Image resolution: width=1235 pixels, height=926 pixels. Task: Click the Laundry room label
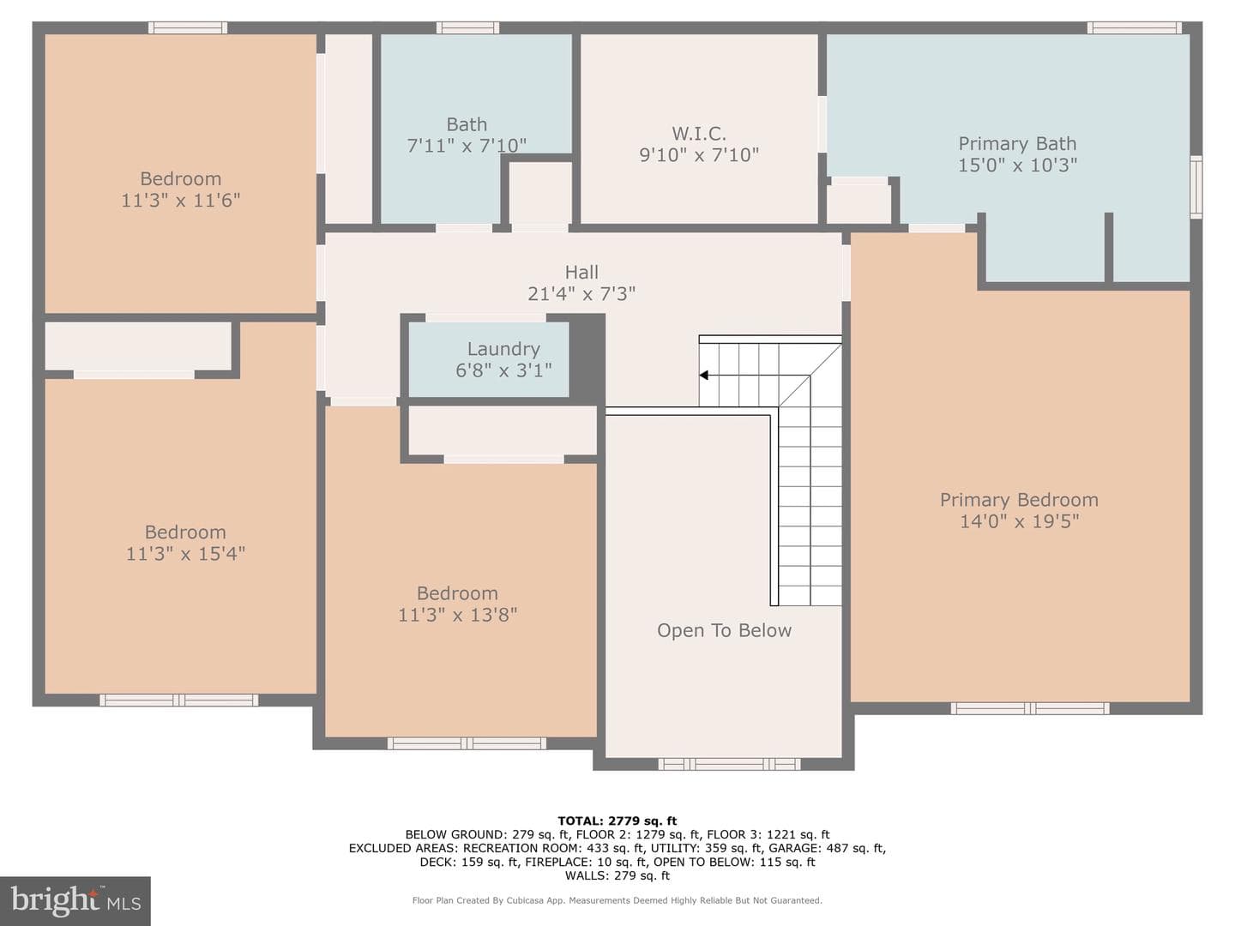(503, 349)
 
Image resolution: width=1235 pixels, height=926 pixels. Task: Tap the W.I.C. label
(699, 134)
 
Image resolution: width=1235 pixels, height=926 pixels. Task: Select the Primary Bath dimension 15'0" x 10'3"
(1017, 165)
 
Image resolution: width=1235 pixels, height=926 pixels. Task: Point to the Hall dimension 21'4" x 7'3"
(581, 293)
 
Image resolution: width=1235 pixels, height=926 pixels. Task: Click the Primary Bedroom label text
(1019, 500)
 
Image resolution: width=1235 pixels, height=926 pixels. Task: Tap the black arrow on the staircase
(703, 375)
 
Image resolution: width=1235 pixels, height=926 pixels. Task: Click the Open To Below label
(724, 630)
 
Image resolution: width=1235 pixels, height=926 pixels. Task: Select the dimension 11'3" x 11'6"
(181, 200)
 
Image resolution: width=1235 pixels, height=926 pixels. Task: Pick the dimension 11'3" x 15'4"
(185, 554)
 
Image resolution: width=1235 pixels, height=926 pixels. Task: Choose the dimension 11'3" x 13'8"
(457, 615)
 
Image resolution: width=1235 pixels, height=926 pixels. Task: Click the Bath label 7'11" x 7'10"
(467, 135)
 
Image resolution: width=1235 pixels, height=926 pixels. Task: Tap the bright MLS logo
(75, 900)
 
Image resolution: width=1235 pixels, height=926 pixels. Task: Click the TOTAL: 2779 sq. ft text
(617, 821)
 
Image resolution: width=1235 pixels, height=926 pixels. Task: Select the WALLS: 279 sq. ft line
(617, 875)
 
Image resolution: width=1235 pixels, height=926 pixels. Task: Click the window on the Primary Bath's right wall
(1196, 187)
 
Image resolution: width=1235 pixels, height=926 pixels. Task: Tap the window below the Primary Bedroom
(1030, 708)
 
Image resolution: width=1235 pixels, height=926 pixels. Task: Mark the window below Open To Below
(729, 764)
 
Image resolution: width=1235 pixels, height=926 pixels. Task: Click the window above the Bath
(467, 27)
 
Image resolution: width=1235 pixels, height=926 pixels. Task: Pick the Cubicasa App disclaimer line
(617, 900)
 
